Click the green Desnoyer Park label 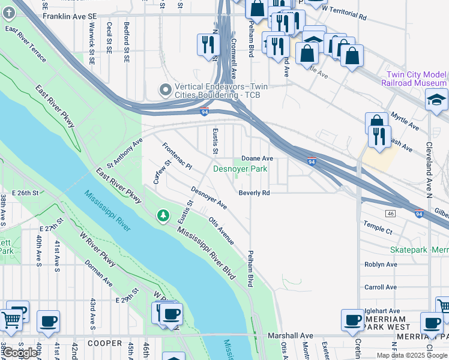[x=240, y=169]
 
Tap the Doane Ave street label [x=257, y=158]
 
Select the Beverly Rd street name [x=254, y=193]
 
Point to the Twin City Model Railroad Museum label [x=414, y=78]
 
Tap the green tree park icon [x=163, y=215]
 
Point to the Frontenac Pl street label [x=177, y=156]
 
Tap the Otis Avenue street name [x=221, y=230]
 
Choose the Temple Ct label [x=378, y=227]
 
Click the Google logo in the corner [x=20, y=353]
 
